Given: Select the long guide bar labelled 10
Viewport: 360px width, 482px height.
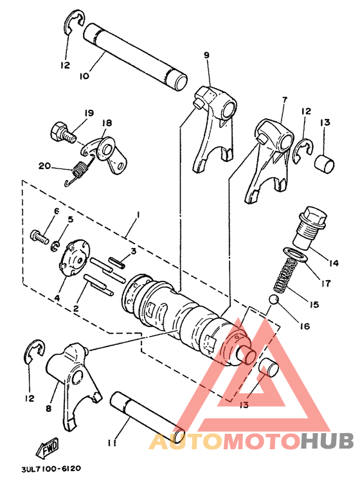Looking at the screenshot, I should pyautogui.click(x=135, y=58).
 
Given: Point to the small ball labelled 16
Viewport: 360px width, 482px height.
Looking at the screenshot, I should pyautogui.click(x=274, y=301).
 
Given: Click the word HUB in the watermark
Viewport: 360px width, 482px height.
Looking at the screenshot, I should pyautogui.click(x=327, y=442).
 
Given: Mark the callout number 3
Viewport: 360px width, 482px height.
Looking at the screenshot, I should pyautogui.click(x=133, y=252).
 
